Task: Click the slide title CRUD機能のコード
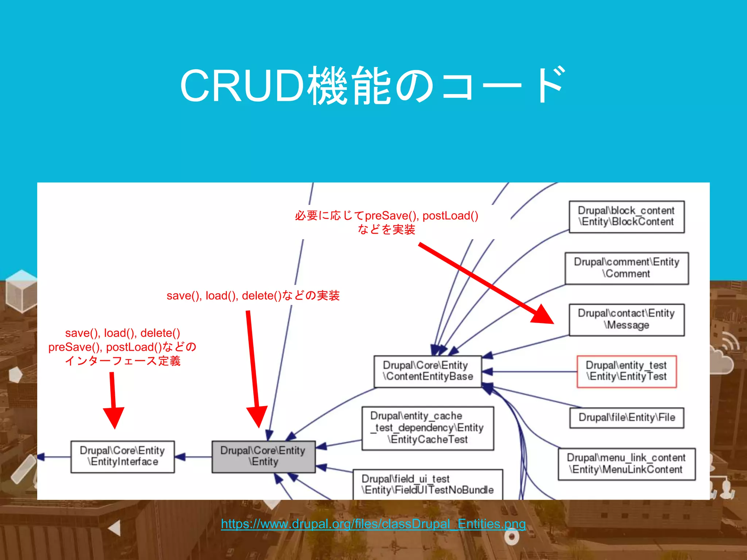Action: click(x=373, y=86)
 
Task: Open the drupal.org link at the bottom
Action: click(x=373, y=524)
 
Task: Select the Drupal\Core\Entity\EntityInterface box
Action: click(x=123, y=456)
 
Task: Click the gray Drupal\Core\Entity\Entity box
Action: click(x=263, y=456)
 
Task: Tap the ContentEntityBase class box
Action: click(x=427, y=371)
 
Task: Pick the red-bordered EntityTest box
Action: click(x=626, y=371)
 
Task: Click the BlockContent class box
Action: click(x=626, y=217)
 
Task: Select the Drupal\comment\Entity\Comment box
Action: click(x=626, y=268)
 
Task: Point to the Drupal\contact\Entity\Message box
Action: click(x=626, y=319)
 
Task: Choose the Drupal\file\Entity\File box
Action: click(x=626, y=417)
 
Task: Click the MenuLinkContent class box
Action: click(x=626, y=464)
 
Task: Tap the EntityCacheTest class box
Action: click(x=427, y=428)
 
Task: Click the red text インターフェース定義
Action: click(x=123, y=361)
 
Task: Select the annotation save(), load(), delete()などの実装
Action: click(x=253, y=295)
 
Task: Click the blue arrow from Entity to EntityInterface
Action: click(x=193, y=457)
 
